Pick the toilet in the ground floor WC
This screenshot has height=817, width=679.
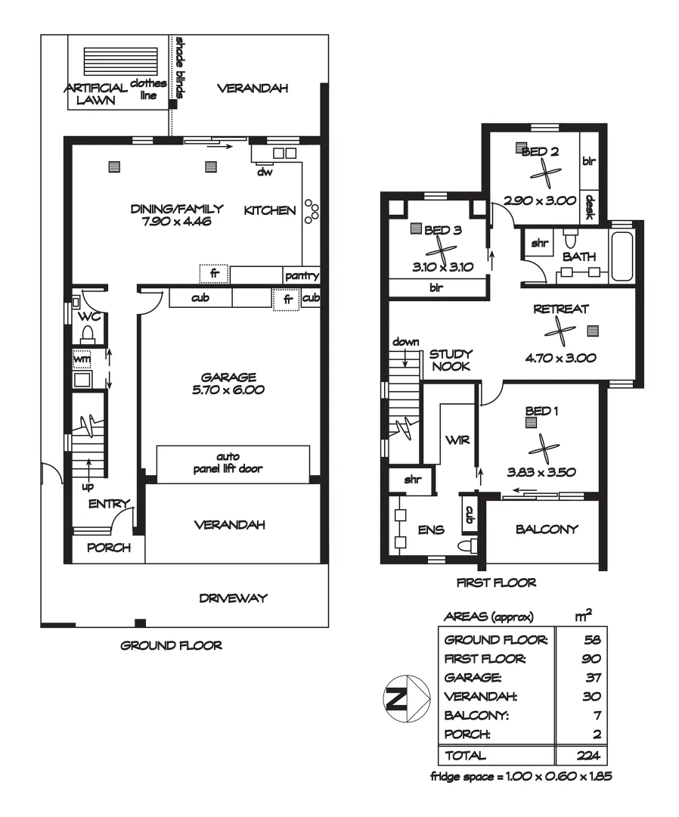click(86, 333)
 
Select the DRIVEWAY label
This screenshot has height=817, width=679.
click(234, 598)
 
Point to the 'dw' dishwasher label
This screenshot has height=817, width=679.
click(265, 171)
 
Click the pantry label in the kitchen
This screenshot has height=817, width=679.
click(302, 276)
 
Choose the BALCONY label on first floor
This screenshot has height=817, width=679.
click(546, 530)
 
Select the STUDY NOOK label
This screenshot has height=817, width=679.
click(451, 359)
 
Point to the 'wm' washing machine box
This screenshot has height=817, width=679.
click(82, 359)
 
